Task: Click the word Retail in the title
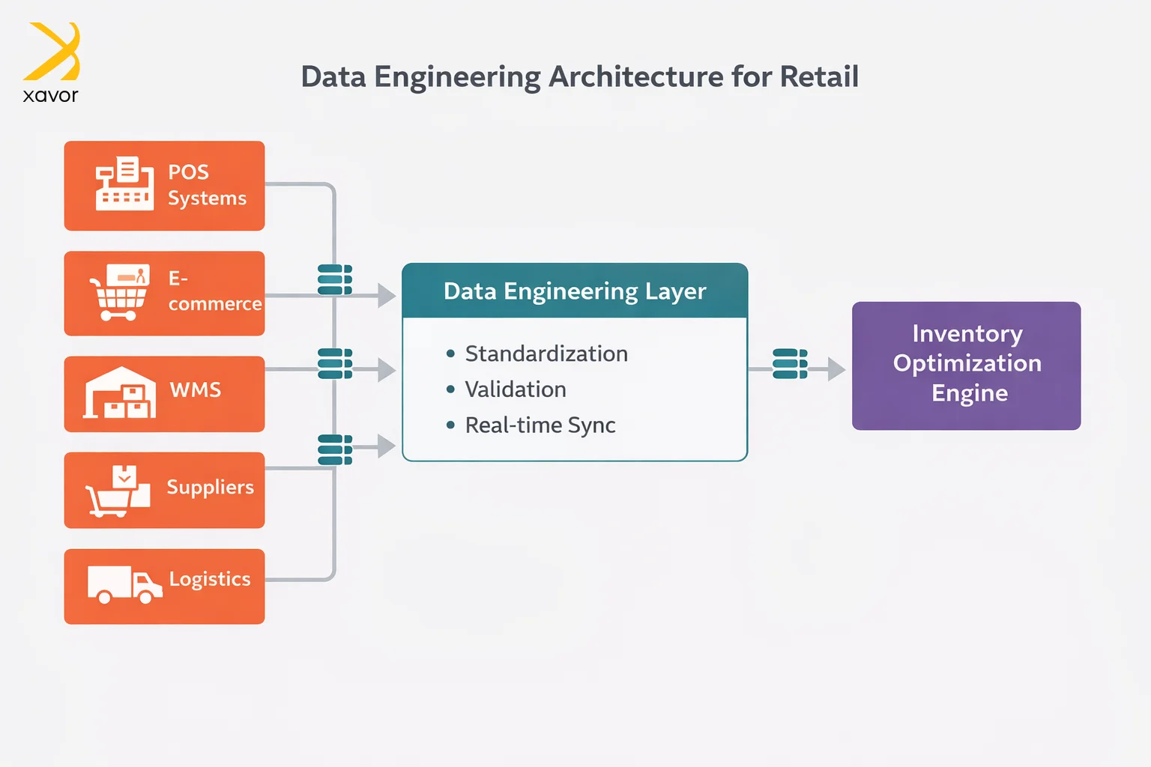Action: point(819,76)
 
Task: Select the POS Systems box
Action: point(164,185)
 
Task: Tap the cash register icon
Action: point(124,184)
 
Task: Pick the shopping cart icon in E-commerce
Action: point(119,293)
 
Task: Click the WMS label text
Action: point(196,390)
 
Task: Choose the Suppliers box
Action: point(164,490)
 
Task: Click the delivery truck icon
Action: point(124,584)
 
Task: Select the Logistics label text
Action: point(210,579)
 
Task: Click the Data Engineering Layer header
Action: point(575,291)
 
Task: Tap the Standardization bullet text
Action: point(546,354)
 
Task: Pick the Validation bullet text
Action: point(516,389)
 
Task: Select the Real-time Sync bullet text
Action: point(540,425)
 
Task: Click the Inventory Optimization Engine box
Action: point(966,366)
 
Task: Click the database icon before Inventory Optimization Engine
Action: point(790,364)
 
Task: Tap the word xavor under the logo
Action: point(50,96)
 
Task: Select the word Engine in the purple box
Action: point(970,393)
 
